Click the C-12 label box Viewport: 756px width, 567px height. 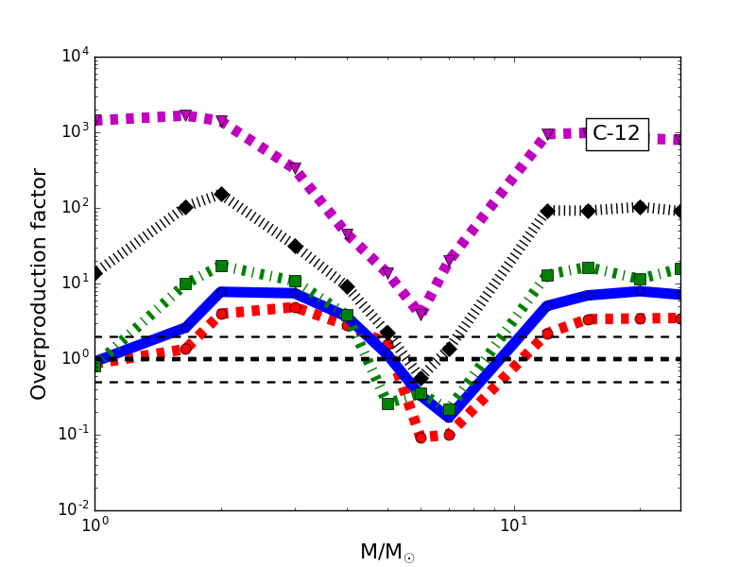(617, 134)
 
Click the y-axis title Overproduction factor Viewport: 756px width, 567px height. (40, 283)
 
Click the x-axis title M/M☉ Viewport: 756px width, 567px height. (387, 552)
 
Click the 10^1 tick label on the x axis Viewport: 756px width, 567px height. (513, 525)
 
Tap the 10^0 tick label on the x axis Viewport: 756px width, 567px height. (94, 525)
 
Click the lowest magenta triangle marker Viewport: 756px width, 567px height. (421, 313)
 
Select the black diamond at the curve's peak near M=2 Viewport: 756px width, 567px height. (221, 194)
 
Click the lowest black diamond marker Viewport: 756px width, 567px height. (421, 378)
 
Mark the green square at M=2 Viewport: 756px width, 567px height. (221, 266)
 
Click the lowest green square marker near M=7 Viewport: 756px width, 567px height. (449, 410)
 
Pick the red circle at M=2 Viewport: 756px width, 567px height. (221, 314)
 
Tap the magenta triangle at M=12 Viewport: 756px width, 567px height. (547, 135)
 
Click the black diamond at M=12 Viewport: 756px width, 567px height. (547, 211)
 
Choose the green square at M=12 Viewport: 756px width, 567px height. (547, 275)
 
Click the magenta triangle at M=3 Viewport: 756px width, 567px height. (295, 168)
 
